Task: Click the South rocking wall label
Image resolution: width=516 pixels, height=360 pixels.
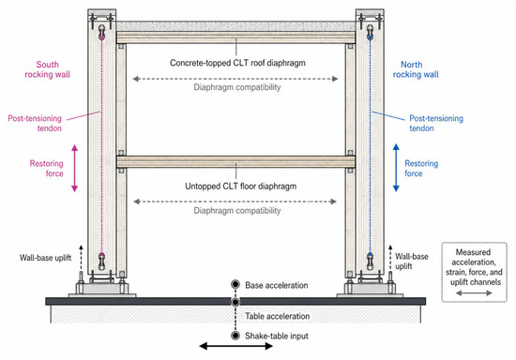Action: point(48,69)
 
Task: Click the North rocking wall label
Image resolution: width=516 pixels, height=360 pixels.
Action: point(416,69)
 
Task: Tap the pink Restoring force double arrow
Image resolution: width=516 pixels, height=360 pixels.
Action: point(75,168)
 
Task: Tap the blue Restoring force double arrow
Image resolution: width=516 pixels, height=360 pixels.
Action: point(396,168)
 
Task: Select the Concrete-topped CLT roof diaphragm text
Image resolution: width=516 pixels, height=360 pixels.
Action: point(237,63)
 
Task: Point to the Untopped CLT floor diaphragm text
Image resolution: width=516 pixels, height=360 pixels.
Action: point(240,187)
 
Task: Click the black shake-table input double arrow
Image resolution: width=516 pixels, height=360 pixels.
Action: point(235,346)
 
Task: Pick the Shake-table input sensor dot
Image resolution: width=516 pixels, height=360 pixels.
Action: point(235,336)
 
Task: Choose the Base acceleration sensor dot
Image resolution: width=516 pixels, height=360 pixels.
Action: point(235,284)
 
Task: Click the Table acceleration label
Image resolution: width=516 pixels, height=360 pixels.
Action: point(277,316)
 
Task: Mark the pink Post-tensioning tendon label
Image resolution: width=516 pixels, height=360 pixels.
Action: point(35,124)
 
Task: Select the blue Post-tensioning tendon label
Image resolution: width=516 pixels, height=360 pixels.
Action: point(436,124)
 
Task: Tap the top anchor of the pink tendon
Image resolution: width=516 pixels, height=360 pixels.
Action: point(102,32)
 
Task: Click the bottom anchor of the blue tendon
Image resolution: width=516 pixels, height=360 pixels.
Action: point(371,262)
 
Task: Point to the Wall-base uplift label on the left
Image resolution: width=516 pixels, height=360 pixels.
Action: point(45,258)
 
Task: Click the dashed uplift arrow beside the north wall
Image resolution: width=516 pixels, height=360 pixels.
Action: point(390,259)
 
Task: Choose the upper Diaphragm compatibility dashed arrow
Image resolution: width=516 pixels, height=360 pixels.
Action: point(235,79)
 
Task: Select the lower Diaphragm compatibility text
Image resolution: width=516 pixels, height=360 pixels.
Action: point(237,211)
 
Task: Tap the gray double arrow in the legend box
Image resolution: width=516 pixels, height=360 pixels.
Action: point(474,292)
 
